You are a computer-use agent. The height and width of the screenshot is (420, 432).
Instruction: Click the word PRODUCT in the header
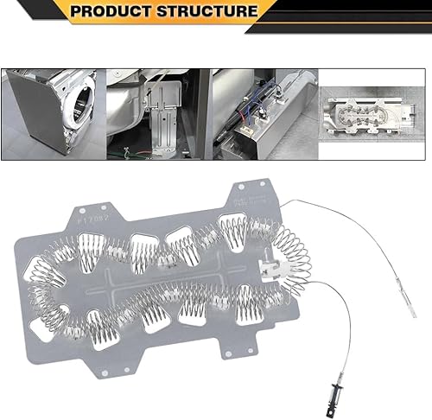point(112,11)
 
